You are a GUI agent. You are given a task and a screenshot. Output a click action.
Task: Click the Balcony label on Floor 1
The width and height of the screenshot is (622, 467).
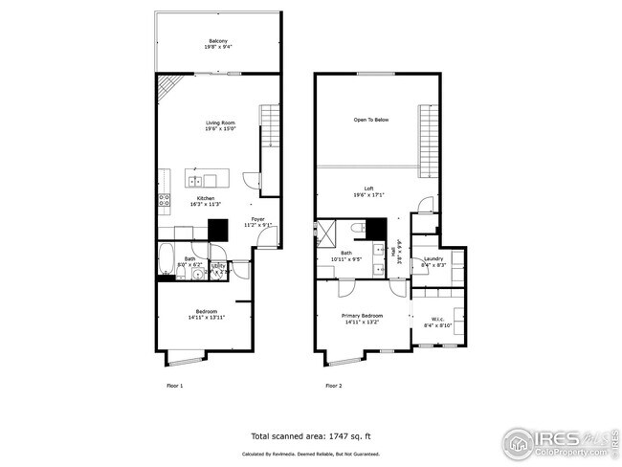tap(219, 40)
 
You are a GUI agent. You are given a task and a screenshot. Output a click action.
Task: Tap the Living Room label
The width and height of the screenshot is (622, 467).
tap(220, 122)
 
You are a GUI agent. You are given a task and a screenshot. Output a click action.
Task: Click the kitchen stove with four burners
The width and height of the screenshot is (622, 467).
tap(164, 201)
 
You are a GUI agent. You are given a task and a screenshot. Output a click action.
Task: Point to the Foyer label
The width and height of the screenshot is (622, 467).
tap(258, 220)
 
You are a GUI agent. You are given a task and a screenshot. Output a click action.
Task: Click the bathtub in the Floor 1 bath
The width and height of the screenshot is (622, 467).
tap(167, 260)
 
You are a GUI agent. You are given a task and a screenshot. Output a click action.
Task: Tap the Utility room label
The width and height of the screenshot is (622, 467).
tap(218, 265)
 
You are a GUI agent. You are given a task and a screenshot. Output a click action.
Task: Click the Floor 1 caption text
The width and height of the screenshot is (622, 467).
tap(174, 386)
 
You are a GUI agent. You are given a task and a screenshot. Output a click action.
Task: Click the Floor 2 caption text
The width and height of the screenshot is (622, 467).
tap(333, 386)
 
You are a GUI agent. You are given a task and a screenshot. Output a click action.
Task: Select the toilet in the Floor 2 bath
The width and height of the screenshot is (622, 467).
tap(356, 229)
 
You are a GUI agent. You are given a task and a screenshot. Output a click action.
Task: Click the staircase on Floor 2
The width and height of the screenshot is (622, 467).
tap(428, 134)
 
